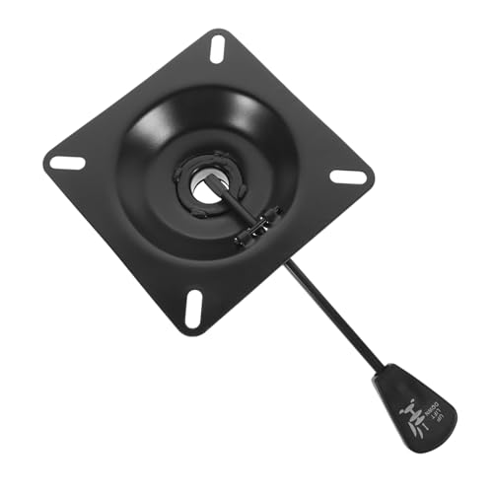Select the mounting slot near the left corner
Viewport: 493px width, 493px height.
[x=67, y=163]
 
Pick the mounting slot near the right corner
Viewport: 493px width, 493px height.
[x=347, y=177]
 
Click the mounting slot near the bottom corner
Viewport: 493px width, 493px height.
[x=193, y=309]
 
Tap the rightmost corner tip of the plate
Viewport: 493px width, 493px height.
[x=374, y=180]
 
